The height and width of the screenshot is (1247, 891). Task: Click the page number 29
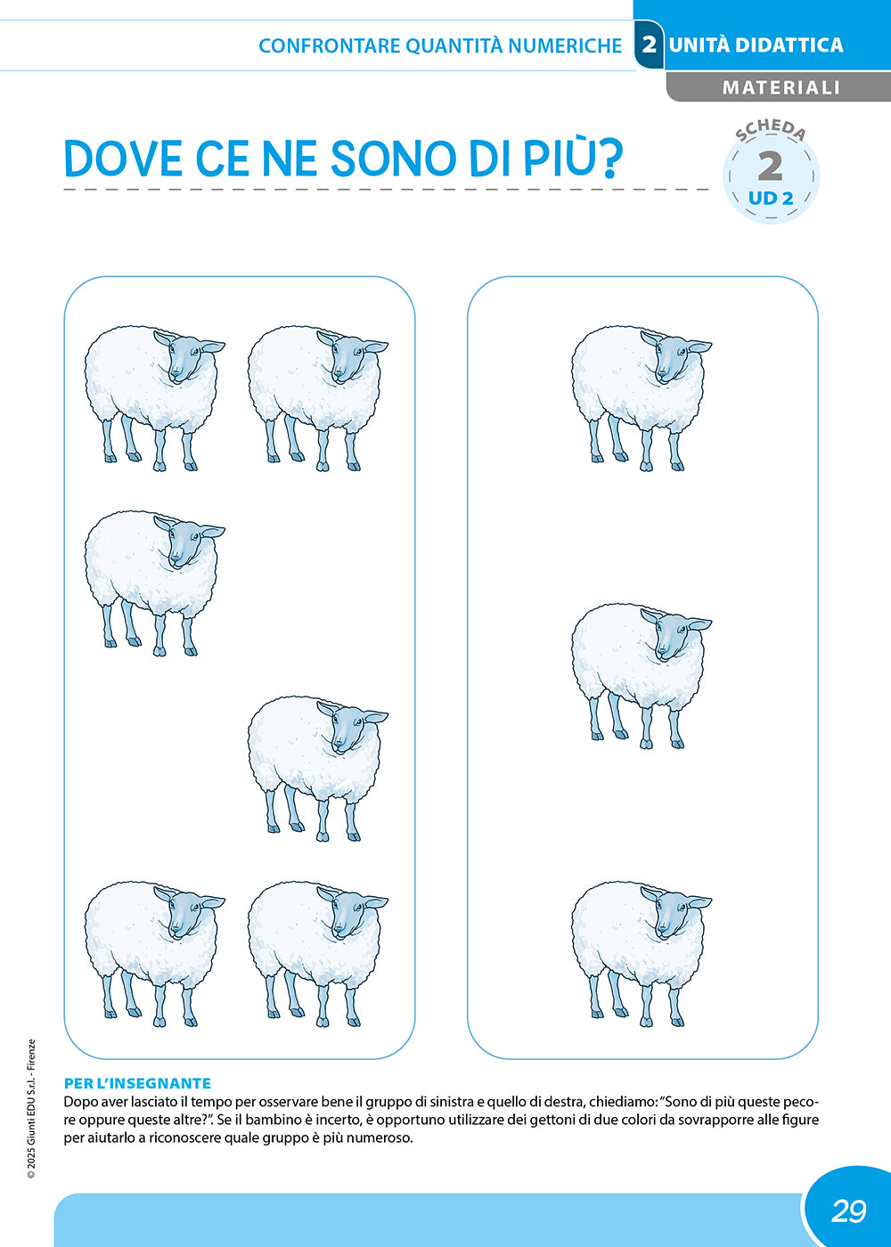848,1210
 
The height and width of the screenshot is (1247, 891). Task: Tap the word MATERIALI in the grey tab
781,87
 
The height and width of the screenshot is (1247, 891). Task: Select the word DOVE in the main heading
123,159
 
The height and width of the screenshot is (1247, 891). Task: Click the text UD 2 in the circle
771,198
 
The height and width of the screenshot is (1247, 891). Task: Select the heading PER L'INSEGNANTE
137,1083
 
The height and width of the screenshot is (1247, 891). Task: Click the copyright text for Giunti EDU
31,1108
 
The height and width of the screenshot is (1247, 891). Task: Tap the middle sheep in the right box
642,676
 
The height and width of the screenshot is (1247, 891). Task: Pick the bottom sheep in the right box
642,954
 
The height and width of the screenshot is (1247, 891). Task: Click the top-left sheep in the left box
155,399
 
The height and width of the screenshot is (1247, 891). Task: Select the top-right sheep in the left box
318,399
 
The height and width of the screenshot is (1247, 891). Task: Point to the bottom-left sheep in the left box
155,954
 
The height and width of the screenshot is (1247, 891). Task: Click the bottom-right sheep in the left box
318,954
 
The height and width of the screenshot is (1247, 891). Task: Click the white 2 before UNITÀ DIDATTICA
649,45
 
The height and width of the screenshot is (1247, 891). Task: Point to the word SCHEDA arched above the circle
770,130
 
